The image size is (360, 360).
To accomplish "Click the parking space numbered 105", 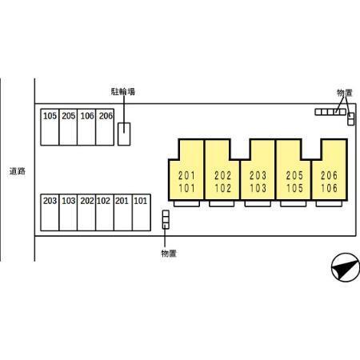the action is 50,127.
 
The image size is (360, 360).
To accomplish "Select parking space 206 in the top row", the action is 105,127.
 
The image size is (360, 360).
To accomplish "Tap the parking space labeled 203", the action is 50,212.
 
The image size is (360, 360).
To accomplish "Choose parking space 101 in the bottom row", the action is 142,212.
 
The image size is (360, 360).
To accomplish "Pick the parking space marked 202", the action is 86,212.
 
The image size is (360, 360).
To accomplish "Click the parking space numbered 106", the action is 86,127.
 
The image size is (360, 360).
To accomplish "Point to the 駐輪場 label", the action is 123,92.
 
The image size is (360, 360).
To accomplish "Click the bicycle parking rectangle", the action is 124,134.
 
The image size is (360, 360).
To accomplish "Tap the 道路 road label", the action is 18,171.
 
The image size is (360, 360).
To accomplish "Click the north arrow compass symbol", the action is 346,267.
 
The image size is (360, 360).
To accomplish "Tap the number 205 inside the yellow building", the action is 294,175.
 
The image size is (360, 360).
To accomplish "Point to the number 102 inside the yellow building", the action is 222,188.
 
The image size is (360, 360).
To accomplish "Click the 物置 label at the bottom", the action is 169,254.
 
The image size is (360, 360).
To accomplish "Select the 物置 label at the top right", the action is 345,93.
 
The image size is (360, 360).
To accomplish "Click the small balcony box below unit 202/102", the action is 222,204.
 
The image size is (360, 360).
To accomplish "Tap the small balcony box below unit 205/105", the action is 294,204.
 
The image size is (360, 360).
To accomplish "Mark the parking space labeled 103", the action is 68,212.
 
